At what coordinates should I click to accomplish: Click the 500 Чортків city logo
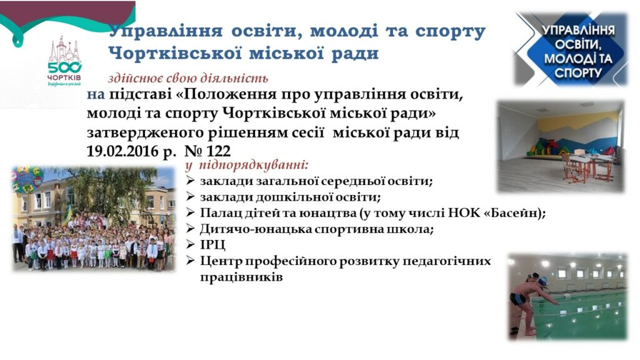tap(64, 61)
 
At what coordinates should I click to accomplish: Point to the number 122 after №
tap(218, 151)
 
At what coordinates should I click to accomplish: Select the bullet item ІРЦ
tap(212, 245)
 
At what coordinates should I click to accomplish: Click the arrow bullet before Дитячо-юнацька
tap(190, 229)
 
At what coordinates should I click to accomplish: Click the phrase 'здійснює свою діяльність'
tap(188, 78)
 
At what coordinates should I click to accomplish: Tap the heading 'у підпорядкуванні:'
tap(247, 165)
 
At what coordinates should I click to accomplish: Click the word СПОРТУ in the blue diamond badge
tap(578, 72)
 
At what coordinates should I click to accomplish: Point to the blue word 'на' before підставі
tap(96, 95)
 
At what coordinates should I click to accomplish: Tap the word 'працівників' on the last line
tap(241, 277)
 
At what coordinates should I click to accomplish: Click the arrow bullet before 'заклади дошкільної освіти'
tap(190, 197)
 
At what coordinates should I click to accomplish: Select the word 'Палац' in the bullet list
tap(217, 214)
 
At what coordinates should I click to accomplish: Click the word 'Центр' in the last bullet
tap(221, 262)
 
